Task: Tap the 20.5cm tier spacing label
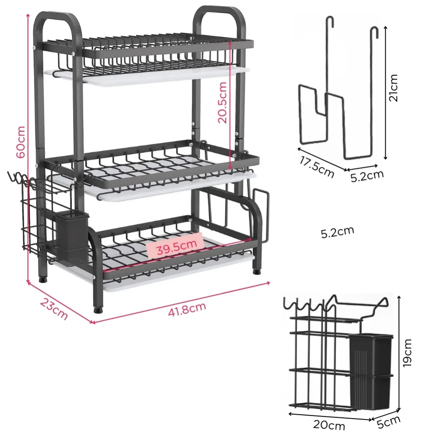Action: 222,102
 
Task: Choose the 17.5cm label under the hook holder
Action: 317,166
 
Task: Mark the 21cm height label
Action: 394,87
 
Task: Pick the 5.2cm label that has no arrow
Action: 337,232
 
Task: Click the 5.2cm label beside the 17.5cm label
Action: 367,175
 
